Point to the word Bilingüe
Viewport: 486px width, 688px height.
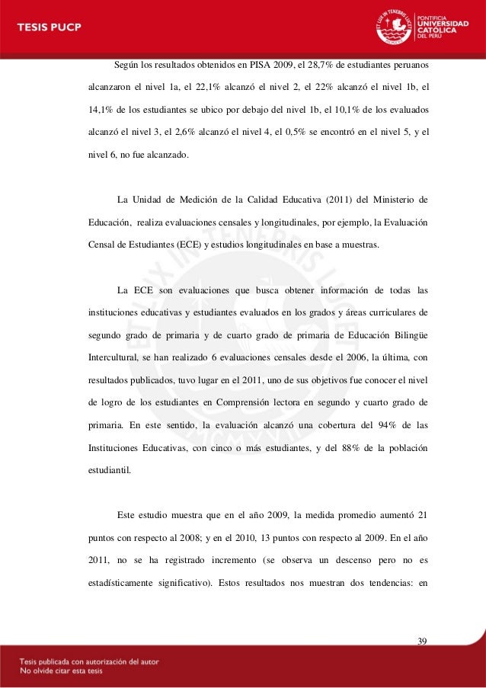pyautogui.click(x=403, y=336)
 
